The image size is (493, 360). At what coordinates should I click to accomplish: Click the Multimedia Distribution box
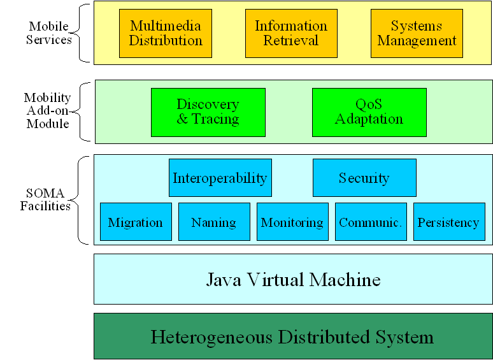point(166,33)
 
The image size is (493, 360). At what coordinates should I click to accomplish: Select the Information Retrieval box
point(291,33)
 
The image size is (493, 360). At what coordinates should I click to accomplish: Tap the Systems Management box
point(417,33)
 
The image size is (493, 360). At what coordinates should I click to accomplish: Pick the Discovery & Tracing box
point(208,112)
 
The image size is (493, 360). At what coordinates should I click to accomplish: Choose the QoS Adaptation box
point(369,112)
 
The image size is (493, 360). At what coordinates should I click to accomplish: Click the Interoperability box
point(220,178)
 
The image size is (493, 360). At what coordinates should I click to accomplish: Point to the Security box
point(364,178)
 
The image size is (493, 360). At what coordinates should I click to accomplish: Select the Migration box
point(136,222)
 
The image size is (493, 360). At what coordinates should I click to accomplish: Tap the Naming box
point(213,222)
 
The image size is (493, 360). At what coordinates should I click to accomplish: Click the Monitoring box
point(292,222)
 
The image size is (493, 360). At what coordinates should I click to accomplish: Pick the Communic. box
point(370,222)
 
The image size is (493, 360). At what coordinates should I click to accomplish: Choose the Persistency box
point(448,222)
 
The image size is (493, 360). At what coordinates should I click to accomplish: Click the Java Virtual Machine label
point(293,279)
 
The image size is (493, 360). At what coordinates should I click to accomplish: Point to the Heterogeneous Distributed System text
point(292,336)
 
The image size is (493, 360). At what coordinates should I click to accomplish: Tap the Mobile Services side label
point(50,32)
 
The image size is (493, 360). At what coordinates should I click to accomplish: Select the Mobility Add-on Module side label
point(47,110)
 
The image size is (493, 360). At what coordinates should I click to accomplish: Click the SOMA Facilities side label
point(45,199)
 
